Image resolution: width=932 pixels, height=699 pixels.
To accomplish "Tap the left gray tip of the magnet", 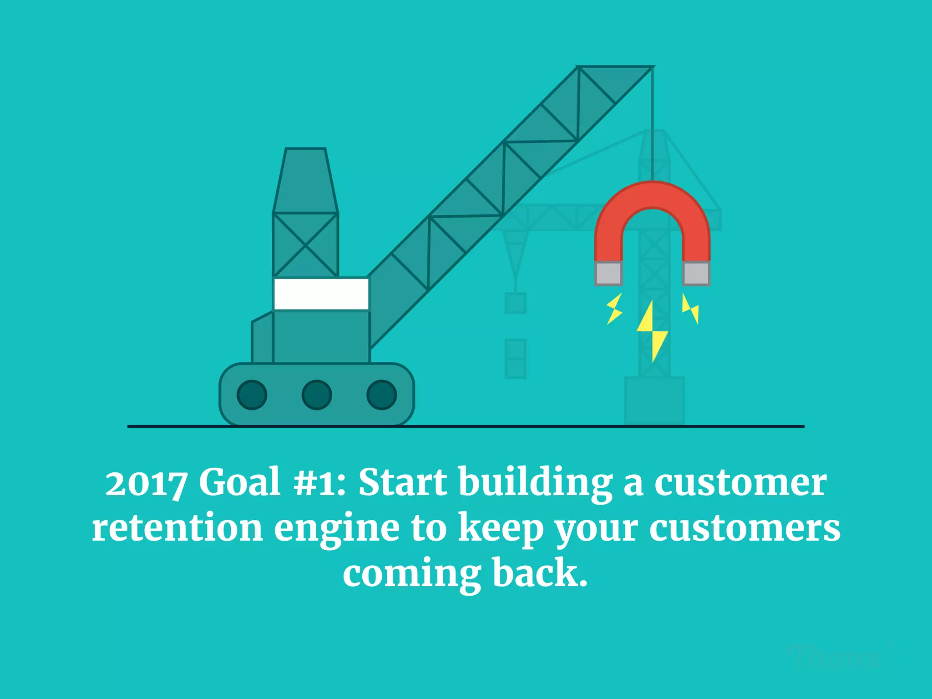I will pyautogui.click(x=608, y=273).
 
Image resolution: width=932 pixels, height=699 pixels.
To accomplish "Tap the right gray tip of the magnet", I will pyautogui.click(x=696, y=273).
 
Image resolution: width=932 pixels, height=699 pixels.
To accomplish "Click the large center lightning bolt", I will pyautogui.click(x=652, y=330).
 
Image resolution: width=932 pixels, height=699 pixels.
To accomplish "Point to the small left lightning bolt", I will pyautogui.click(x=614, y=309).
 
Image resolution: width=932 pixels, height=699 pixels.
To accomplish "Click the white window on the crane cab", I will pyautogui.click(x=321, y=294).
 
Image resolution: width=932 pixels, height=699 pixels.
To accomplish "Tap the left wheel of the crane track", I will pyautogui.click(x=252, y=395).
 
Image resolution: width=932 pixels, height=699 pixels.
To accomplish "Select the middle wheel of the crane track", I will pyautogui.click(x=317, y=395).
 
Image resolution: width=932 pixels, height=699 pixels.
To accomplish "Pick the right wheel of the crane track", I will pyautogui.click(x=381, y=395).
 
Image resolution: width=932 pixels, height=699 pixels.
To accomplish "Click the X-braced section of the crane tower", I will pyautogui.click(x=305, y=245).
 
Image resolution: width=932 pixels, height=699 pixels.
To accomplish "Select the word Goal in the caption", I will pyautogui.click(x=239, y=482).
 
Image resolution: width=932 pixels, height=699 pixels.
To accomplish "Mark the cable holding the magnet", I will pyautogui.click(x=653, y=123).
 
